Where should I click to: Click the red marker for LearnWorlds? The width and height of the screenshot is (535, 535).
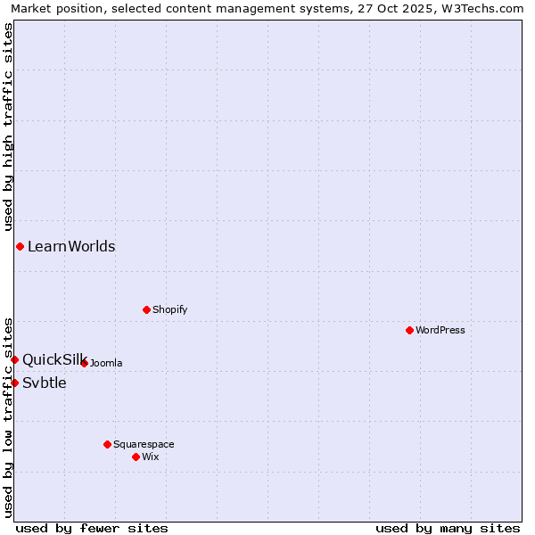(20, 246)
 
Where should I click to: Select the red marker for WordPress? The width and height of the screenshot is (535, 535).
(409, 330)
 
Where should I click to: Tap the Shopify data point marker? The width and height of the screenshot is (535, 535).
(146, 309)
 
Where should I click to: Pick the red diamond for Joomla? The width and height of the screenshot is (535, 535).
(84, 363)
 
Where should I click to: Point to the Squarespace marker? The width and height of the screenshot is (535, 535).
(107, 444)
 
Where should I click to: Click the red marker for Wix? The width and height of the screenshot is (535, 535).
(136, 457)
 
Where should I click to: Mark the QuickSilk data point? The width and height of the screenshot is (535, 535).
(14, 359)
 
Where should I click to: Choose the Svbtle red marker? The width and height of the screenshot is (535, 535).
(14, 383)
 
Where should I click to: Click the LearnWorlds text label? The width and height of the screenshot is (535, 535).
(71, 247)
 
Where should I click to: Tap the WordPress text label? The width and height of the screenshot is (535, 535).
(440, 330)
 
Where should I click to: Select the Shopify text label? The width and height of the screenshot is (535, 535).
(169, 309)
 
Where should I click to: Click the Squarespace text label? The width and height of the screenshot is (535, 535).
(144, 444)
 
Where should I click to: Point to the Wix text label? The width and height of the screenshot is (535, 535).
(150, 457)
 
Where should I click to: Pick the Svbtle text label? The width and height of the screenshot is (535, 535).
(45, 383)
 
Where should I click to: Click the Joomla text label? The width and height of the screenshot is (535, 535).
(106, 363)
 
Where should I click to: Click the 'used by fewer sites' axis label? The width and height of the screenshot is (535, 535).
(92, 528)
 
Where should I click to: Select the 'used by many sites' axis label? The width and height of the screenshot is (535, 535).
(448, 528)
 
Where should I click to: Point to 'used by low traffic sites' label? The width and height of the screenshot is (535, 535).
(8, 416)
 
